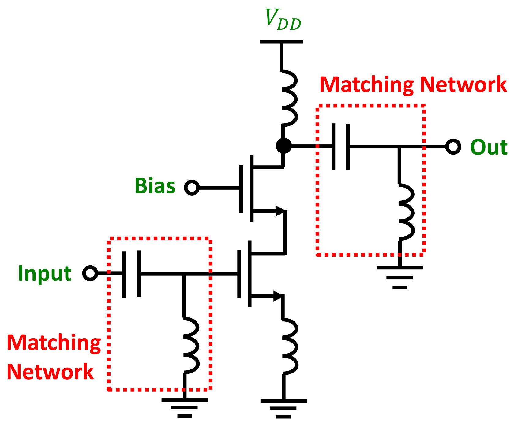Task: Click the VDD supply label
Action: coord(283,20)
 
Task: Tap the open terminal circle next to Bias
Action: coord(192,187)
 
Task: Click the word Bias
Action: coord(155,186)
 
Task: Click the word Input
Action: coord(45,273)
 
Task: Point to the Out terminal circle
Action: coord(453,147)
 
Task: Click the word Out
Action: coord(489,148)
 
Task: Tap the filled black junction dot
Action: coord(283,146)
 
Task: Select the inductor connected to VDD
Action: coord(289,97)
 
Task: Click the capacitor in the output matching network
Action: coord(341,147)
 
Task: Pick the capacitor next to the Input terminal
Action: coord(132,273)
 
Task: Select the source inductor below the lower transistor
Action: coord(289,346)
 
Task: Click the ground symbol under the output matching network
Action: coord(400,277)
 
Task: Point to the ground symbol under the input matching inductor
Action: coord(184,407)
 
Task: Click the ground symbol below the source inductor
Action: coord(283,408)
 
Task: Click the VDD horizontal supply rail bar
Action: coord(281,42)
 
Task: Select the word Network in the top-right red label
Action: coord(463,84)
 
